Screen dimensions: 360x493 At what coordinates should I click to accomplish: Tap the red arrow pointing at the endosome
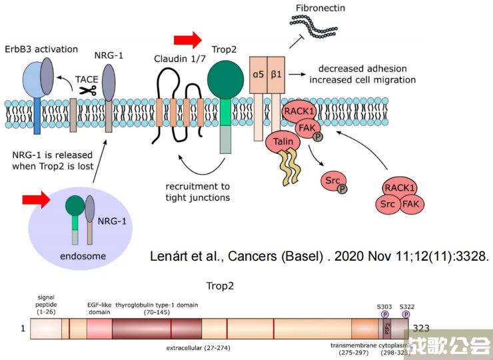pyautogui.click(x=37, y=198)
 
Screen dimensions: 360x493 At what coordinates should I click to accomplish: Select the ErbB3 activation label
pyautogui.click(x=41, y=49)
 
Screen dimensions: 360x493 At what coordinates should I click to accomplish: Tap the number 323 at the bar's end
pyautogui.click(x=421, y=329)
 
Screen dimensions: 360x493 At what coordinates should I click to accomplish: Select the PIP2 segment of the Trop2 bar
pyautogui.click(x=386, y=329)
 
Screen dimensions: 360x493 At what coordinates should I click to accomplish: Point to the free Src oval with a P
pyautogui.click(x=333, y=181)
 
